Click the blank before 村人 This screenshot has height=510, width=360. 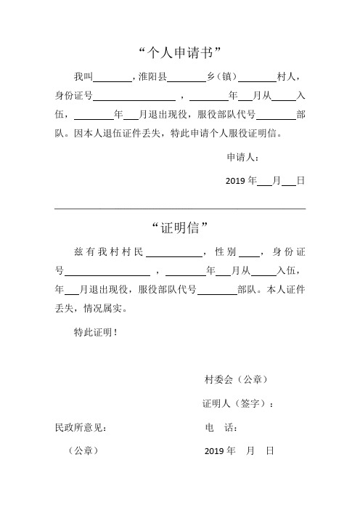click(x=257, y=76)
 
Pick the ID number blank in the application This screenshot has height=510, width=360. click(x=134, y=96)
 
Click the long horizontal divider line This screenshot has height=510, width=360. click(x=180, y=209)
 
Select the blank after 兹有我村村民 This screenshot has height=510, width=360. click(x=174, y=252)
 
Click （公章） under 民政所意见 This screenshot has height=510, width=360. click(x=81, y=451)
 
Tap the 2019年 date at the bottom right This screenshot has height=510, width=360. click(x=220, y=451)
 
